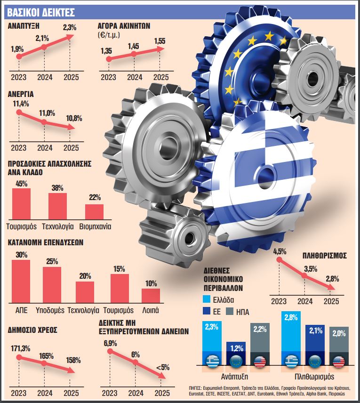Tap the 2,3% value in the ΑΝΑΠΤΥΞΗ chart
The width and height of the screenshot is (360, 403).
click(x=70, y=28)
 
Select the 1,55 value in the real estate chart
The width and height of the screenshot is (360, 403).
click(x=160, y=41)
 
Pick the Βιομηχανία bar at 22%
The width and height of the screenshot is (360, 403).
click(x=94, y=211)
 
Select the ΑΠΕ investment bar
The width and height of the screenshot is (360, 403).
click(x=21, y=282)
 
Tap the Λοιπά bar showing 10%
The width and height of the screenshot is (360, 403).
click(x=151, y=296)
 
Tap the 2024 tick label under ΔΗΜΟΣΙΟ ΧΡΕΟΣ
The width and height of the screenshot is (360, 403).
click(x=45, y=393)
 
